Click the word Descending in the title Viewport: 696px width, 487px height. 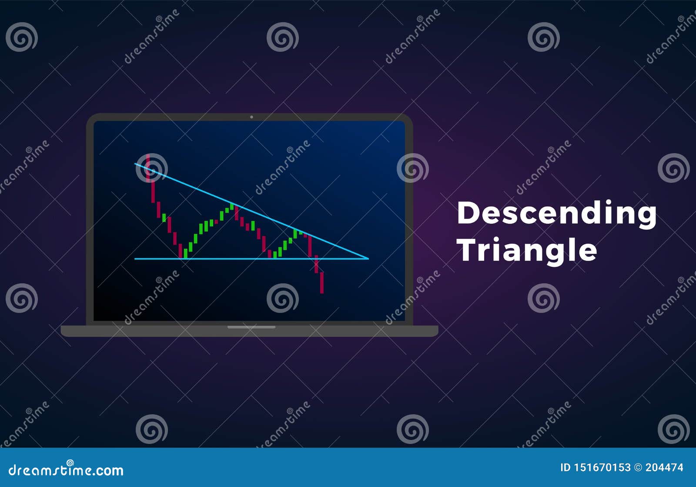pyautogui.click(x=556, y=214)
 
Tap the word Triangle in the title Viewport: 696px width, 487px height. pyautogui.click(x=528, y=250)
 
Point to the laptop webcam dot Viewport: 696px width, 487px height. pyautogui.click(x=251, y=117)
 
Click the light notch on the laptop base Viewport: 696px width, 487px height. pyautogui.click(x=251, y=327)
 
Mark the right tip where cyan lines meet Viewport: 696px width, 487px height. pyautogui.click(x=368, y=259)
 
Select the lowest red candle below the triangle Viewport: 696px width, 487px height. pyautogui.click(x=322, y=282)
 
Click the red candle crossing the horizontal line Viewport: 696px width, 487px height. pyautogui.click(x=316, y=264)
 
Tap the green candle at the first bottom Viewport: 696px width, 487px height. pyautogui.click(x=185, y=253)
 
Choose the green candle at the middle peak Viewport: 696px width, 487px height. pyautogui.click(x=232, y=206)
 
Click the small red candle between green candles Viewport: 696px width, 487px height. pyautogui.click(x=216, y=222)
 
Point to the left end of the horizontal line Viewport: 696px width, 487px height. pyautogui.click(x=135, y=259)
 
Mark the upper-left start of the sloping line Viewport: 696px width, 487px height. pyautogui.click(x=136, y=164)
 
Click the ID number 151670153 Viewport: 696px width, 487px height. pyautogui.click(x=601, y=467)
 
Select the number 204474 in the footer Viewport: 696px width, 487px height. pyautogui.click(x=664, y=467)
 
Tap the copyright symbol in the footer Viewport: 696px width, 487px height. pyautogui.click(x=638, y=467)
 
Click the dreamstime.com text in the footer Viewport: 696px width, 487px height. pyautogui.click(x=66, y=470)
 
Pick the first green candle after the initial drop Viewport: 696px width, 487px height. pyautogui.click(x=164, y=217)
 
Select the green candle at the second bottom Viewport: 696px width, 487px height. pyautogui.click(x=275, y=254)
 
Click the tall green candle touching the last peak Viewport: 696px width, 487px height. pyautogui.click(x=295, y=234)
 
